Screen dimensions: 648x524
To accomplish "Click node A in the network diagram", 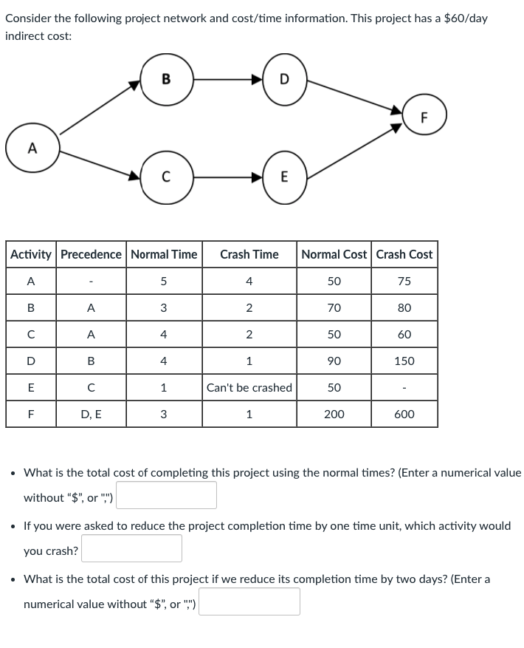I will click(x=32, y=148).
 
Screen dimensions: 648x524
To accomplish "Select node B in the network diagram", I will click(x=165, y=79).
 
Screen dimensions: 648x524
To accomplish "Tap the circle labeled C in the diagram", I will click(x=165, y=177).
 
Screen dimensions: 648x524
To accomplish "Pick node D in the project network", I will click(x=284, y=79).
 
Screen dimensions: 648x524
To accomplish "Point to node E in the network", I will click(x=284, y=177).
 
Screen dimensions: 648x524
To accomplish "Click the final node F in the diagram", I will click(x=424, y=117).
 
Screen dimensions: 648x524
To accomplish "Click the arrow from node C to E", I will click(x=224, y=177).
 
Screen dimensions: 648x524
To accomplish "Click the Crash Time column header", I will click(x=249, y=254).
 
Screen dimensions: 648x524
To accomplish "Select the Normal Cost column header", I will click(x=334, y=254).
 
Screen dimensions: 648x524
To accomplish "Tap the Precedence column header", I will click(x=91, y=254).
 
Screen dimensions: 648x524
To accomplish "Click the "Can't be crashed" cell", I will click(x=249, y=388).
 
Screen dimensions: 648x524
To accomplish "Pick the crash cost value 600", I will click(x=404, y=415).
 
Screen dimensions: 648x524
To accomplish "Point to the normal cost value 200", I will click(x=334, y=415).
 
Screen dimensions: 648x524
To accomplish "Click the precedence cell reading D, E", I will click(x=91, y=415).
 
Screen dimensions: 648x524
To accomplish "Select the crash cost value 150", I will click(x=404, y=361).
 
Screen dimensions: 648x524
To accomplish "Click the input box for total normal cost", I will click(x=166, y=496).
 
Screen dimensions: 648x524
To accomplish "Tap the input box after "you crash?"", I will click(x=132, y=548).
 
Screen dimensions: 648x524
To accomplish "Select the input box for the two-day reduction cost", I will click(x=249, y=601).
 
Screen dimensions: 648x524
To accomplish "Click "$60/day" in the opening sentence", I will click(x=464, y=18).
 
